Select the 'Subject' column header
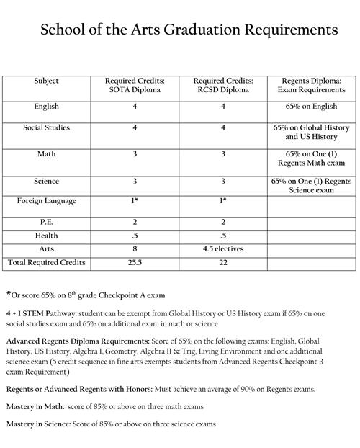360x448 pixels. [x=47, y=81]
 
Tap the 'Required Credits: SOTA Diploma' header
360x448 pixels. [x=135, y=86]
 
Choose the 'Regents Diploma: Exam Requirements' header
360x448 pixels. [x=310, y=86]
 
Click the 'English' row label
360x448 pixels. [x=47, y=106]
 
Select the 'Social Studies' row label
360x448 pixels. [x=47, y=127]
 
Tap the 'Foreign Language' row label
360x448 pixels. [x=47, y=200]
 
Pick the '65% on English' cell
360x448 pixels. [x=310, y=106]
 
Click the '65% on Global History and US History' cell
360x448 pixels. [x=310, y=132]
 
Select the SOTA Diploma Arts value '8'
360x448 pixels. [x=135, y=249]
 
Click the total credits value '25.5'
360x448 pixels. [x=135, y=263]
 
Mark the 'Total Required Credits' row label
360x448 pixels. [x=47, y=263]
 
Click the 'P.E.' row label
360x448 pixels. [x=47, y=223]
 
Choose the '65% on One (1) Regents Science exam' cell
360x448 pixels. [x=310, y=186]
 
